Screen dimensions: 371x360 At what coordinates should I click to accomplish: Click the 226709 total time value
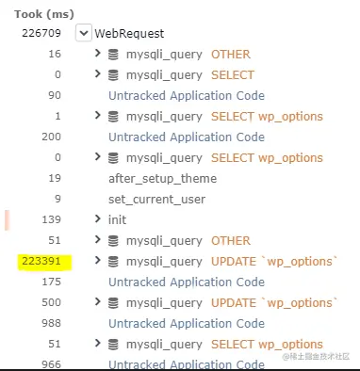click(42, 33)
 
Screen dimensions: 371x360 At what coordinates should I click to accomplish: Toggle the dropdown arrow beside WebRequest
click(83, 33)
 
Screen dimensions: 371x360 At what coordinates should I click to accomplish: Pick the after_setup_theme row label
click(162, 178)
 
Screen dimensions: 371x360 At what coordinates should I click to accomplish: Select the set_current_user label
click(157, 199)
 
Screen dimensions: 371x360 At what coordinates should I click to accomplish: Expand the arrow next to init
click(98, 219)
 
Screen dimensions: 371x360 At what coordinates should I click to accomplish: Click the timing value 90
click(54, 95)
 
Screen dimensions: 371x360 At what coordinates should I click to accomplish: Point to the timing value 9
click(57, 199)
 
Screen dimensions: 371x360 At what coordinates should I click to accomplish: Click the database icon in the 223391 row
click(113, 261)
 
